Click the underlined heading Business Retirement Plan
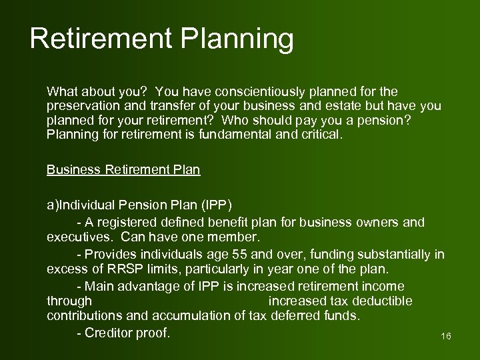(x=123, y=169)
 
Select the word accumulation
(x=196, y=316)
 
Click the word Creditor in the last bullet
(x=109, y=333)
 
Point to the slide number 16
(x=446, y=337)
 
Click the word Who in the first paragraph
(x=235, y=121)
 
